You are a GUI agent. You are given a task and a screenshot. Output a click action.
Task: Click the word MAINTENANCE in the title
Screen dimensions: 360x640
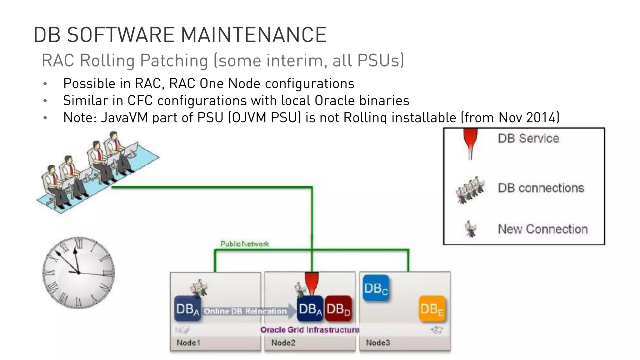pyautogui.click(x=253, y=35)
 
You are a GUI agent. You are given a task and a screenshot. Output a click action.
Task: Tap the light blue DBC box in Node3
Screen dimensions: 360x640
pyautogui.click(x=376, y=288)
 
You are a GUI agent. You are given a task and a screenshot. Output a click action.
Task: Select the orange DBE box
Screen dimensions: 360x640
pyautogui.click(x=432, y=309)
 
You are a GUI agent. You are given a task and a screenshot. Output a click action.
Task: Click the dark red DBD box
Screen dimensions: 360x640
pyautogui.click(x=338, y=309)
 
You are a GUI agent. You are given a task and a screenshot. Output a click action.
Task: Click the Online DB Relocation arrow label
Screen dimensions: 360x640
pyautogui.click(x=245, y=311)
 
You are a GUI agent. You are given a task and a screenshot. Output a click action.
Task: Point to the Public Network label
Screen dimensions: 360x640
pyautogui.click(x=244, y=244)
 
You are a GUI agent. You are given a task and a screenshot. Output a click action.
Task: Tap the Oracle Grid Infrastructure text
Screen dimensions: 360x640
pyautogui.click(x=310, y=330)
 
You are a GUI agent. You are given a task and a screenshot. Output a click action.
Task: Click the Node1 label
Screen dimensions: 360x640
pyautogui.click(x=188, y=343)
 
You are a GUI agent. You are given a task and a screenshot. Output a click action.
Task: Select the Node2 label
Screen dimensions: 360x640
pyautogui.click(x=283, y=343)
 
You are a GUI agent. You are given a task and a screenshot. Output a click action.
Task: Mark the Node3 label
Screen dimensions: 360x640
pyautogui.click(x=378, y=343)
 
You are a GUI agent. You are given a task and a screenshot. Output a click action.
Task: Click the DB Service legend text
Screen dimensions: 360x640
pyautogui.click(x=528, y=138)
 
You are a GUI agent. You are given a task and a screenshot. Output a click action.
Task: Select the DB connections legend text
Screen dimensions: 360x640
pyautogui.click(x=541, y=188)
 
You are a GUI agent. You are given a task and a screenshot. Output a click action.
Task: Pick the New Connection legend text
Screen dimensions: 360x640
pyautogui.click(x=542, y=229)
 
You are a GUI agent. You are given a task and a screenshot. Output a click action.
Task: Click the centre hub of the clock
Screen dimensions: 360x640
pyautogui.click(x=78, y=273)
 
